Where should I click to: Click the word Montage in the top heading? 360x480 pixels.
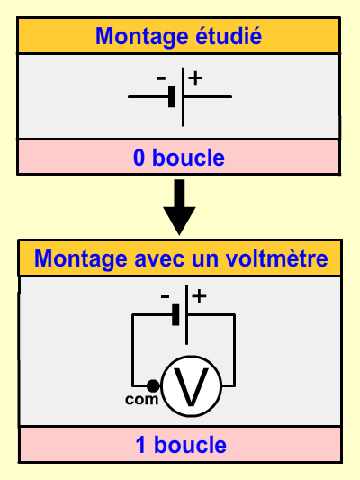click(x=141, y=37)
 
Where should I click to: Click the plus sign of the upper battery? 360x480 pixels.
click(x=195, y=77)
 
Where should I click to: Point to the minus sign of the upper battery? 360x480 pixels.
click(x=161, y=78)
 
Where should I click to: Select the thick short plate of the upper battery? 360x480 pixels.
click(x=172, y=96)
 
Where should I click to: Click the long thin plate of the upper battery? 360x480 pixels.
click(x=183, y=96)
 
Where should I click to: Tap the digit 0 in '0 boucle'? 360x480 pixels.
click(x=139, y=158)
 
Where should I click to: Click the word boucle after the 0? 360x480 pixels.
click(x=188, y=158)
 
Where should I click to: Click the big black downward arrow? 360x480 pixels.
click(x=179, y=207)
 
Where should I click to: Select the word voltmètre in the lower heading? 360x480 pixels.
click(x=277, y=258)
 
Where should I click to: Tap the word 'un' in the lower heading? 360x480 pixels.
click(x=205, y=259)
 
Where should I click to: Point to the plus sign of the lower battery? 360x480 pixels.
click(x=200, y=296)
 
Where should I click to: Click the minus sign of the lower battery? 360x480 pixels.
click(x=165, y=296)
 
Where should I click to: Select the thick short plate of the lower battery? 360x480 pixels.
click(x=175, y=314)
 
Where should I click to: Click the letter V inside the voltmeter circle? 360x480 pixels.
click(x=191, y=387)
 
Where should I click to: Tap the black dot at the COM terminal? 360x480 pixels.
click(x=153, y=385)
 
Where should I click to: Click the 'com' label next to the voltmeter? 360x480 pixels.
click(x=142, y=400)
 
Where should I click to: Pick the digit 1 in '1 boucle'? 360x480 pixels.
click(x=140, y=445)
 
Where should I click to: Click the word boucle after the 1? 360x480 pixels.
click(x=190, y=444)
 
